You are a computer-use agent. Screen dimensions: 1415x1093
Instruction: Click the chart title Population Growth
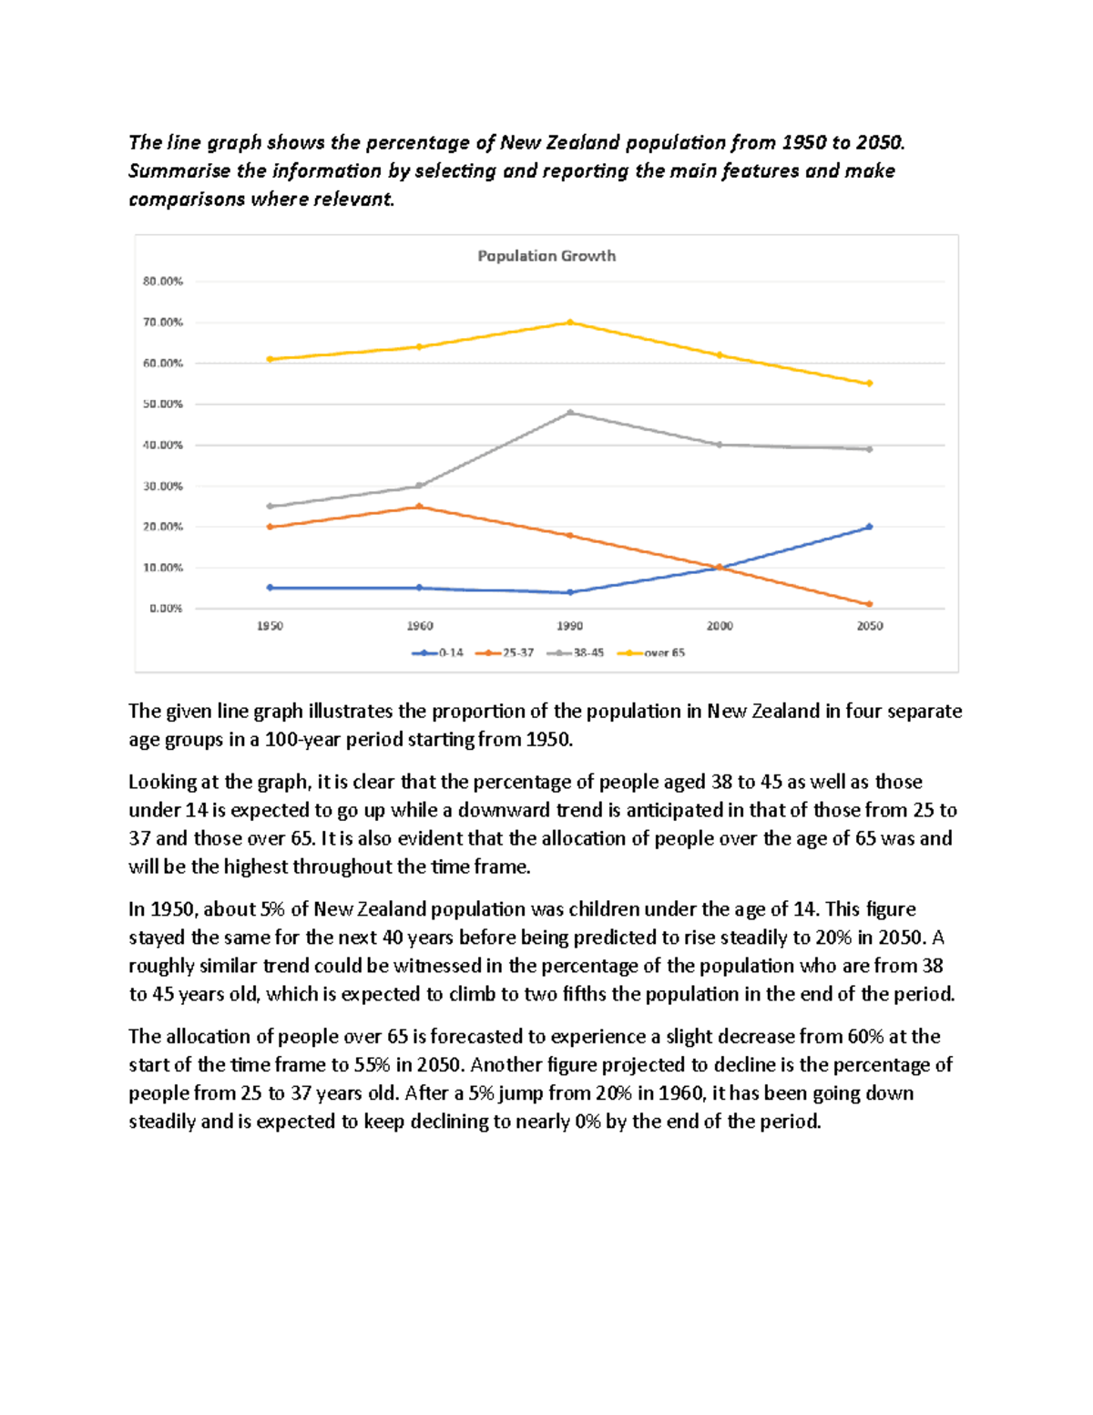point(546,256)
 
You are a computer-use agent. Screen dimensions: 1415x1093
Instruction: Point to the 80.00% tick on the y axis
point(162,282)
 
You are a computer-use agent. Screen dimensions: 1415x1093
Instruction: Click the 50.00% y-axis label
point(162,404)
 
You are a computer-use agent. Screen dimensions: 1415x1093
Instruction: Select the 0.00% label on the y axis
point(166,608)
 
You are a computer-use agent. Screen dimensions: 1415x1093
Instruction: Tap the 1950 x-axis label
point(270,626)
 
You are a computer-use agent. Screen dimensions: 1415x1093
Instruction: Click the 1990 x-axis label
point(569,626)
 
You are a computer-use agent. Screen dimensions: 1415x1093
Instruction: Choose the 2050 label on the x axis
point(869,626)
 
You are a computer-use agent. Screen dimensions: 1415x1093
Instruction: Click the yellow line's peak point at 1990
point(570,323)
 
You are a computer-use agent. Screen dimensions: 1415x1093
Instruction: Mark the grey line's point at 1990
point(570,413)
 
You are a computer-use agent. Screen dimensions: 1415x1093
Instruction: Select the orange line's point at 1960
point(419,507)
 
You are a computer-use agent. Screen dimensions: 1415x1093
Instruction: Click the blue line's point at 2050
point(870,527)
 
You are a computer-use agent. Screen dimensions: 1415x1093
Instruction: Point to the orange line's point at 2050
point(870,604)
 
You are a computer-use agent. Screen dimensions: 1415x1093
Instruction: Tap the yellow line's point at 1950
point(270,359)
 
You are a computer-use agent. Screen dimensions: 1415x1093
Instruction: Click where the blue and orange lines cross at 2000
point(720,568)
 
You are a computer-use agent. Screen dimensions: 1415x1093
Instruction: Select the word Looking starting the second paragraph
point(161,782)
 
